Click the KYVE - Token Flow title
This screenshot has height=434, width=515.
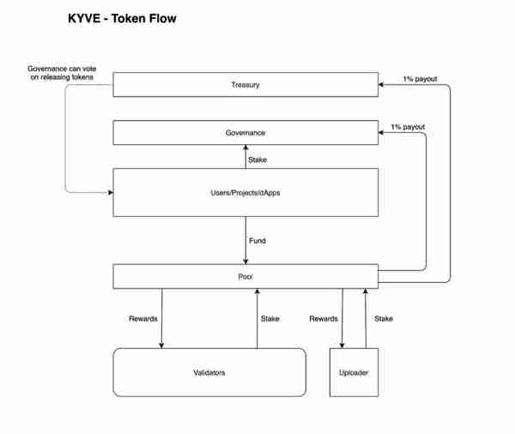click(x=122, y=18)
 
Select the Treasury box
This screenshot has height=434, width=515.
click(x=245, y=85)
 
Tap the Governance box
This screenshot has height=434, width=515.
click(x=245, y=133)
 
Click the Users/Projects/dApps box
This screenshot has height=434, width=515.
click(x=245, y=193)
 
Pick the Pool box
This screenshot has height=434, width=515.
click(x=245, y=277)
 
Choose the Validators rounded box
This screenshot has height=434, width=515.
click(x=209, y=372)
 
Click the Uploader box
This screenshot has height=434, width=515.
click(x=354, y=372)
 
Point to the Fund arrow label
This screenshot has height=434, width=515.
click(x=257, y=241)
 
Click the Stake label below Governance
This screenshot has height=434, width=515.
click(x=257, y=160)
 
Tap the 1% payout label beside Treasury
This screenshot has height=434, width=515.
click(x=420, y=79)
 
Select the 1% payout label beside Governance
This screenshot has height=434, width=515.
click(x=408, y=127)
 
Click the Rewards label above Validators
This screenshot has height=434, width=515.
click(x=142, y=319)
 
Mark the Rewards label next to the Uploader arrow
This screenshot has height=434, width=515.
click(x=324, y=319)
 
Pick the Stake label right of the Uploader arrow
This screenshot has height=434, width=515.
click(x=384, y=319)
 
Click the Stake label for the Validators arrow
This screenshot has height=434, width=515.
click(x=270, y=319)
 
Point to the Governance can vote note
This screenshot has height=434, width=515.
click(x=62, y=73)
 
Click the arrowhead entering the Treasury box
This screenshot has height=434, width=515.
click(x=381, y=85)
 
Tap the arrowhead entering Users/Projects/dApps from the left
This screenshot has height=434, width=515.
click(x=111, y=192)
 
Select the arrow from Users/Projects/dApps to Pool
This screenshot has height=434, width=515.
click(x=245, y=241)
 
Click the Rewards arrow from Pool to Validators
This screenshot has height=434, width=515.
click(x=161, y=318)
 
